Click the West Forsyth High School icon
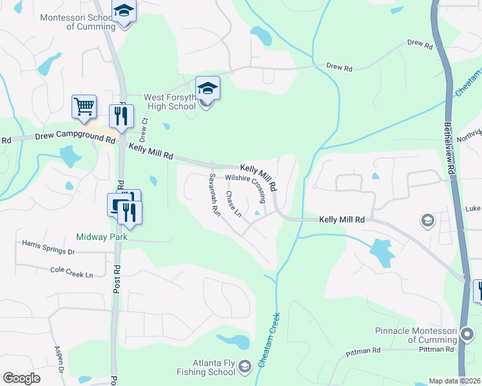click(207, 87)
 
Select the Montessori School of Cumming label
click(78, 22)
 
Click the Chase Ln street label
click(233, 203)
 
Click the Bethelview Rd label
click(449, 142)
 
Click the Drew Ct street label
click(144, 129)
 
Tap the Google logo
click(21, 378)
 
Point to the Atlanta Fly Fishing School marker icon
click(245, 367)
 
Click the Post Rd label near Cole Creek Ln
click(117, 277)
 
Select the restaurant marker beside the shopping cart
click(120, 116)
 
